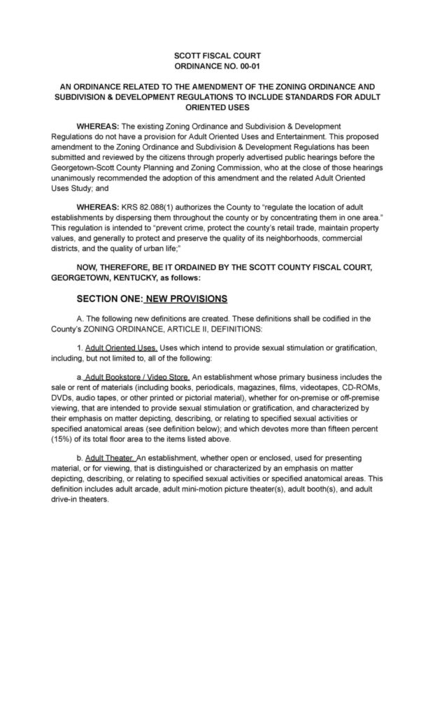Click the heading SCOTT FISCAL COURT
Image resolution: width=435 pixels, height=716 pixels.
point(217,55)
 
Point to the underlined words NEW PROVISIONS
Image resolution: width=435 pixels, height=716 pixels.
point(185,299)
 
